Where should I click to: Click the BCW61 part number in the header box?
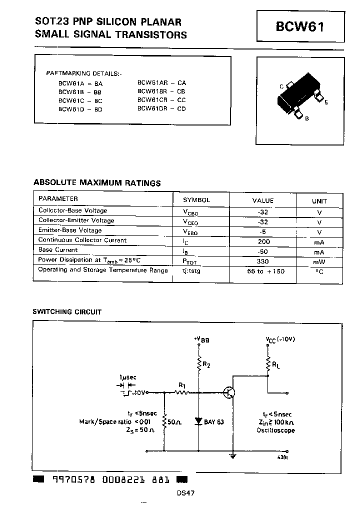(x=299, y=26)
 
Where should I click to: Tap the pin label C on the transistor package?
(x=281, y=86)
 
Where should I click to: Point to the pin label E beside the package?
(x=326, y=102)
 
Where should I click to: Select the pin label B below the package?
(x=306, y=118)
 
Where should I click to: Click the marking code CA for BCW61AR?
(x=181, y=82)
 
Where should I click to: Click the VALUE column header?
(x=262, y=200)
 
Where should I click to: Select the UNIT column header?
(x=319, y=201)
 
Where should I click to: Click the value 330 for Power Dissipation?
(x=262, y=261)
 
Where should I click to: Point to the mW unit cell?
(x=319, y=261)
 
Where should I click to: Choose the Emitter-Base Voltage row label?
(x=70, y=230)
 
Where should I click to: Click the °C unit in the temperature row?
(x=319, y=271)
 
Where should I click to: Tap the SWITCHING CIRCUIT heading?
(x=67, y=312)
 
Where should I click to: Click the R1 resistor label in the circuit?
(x=182, y=385)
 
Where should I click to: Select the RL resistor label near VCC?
(x=275, y=365)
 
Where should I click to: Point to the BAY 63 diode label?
(x=214, y=421)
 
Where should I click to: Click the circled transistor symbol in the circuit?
(x=229, y=393)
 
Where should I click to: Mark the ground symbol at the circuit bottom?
(x=232, y=455)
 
